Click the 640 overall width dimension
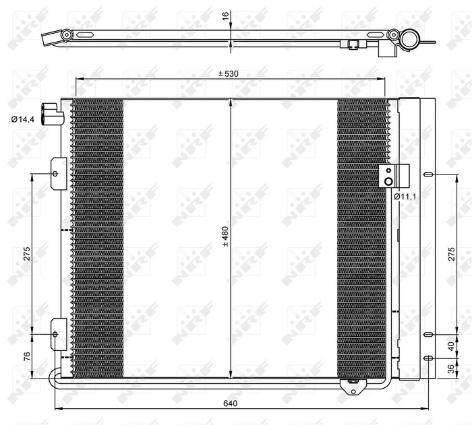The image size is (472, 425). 231,403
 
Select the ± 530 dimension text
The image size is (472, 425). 229,73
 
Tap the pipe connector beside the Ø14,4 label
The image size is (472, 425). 51,113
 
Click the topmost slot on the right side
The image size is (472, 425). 427,174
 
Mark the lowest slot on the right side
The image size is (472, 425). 427,358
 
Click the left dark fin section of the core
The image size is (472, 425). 98,236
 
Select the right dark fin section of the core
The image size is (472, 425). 362,236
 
